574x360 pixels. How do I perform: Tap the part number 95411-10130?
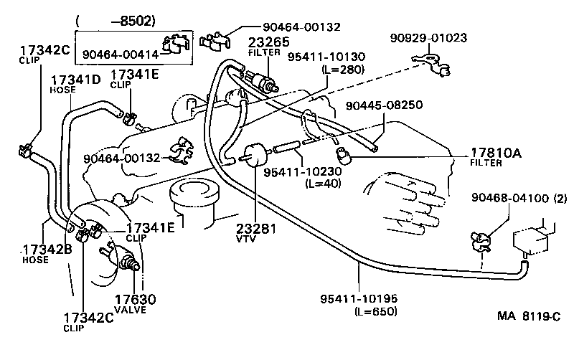coord(326,57)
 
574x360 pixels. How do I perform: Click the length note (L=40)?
coord(322,184)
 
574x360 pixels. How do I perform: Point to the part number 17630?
coord(130,299)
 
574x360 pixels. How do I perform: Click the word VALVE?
coord(131,310)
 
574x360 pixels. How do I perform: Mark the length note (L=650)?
coord(375,311)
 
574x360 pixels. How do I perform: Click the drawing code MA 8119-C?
coord(527,315)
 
